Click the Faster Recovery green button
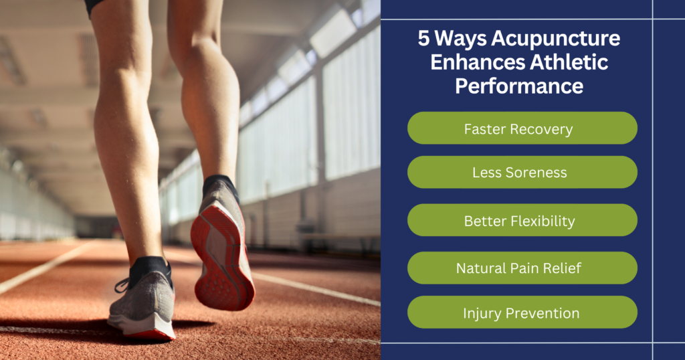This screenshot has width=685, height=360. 522,128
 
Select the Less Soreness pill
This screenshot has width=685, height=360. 522,172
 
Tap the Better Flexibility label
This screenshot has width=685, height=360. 522,220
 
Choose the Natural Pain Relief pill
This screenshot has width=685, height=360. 522,268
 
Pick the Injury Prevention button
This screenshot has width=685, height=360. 522,312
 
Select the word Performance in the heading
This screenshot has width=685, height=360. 518,86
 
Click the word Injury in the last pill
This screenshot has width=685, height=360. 484,312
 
